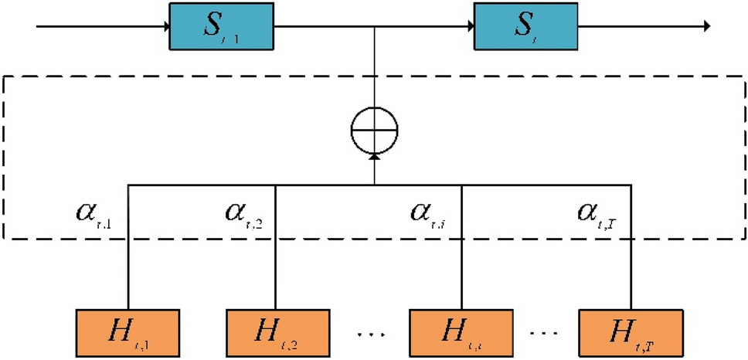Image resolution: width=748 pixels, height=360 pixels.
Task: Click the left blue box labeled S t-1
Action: pos(220,28)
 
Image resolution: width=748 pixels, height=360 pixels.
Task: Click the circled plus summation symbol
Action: pos(375,127)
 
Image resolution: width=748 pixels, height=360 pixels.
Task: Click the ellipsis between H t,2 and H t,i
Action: pos(369,334)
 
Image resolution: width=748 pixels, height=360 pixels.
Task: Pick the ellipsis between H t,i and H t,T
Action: pos(544,334)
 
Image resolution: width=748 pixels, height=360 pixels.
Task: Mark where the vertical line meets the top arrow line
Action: pos(375,28)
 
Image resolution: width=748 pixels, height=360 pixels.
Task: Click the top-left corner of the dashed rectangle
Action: pos(6,76)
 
